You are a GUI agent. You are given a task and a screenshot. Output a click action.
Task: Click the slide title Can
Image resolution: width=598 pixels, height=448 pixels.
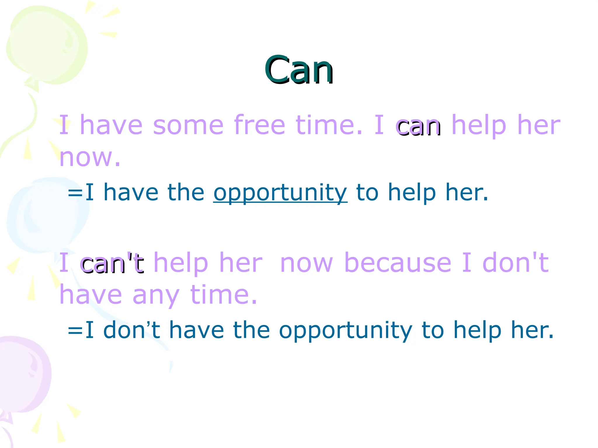299,70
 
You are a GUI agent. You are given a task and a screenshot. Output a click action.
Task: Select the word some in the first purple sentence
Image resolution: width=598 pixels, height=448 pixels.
188,125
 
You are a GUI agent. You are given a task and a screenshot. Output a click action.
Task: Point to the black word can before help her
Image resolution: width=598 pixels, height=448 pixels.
419,127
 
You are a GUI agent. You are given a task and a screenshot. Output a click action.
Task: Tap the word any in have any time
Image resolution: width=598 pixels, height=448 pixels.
156,295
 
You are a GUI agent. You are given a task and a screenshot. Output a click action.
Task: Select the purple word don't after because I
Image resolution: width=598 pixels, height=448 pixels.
515,263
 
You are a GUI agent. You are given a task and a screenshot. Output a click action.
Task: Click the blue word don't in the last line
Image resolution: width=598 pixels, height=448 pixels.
132,330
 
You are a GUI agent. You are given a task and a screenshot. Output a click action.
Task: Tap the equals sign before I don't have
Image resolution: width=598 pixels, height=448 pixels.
75,330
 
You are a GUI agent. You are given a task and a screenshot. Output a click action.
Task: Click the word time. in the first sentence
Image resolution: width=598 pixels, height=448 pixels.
329,125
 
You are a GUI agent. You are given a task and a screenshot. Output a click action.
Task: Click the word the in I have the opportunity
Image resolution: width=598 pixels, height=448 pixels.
186,192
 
